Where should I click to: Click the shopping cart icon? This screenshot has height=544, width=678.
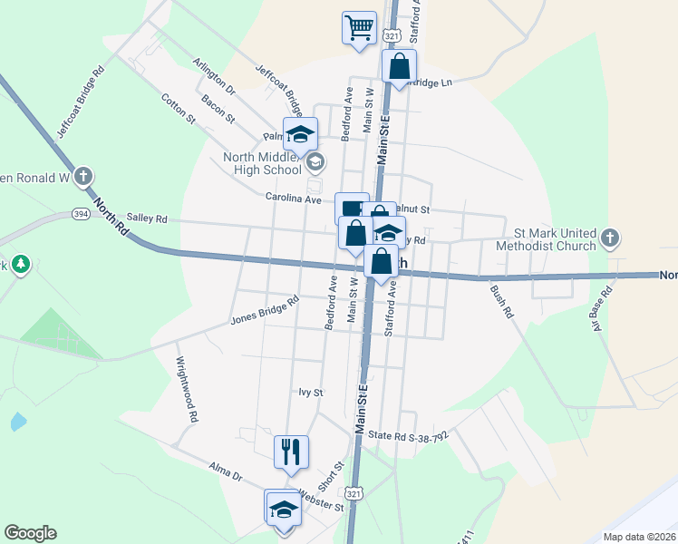click(359, 27)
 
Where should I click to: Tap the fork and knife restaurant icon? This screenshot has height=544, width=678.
click(292, 451)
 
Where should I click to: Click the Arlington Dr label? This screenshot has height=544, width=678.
click(214, 78)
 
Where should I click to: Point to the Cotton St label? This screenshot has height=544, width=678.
click(179, 108)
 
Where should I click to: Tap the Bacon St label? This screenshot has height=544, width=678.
click(218, 110)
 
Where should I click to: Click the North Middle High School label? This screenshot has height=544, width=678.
click(262, 163)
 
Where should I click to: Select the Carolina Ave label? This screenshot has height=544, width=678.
click(294, 198)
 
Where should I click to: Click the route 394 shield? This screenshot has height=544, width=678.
click(82, 214)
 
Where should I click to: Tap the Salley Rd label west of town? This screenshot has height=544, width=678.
click(148, 219)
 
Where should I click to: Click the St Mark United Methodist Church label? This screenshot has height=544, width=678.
click(555, 239)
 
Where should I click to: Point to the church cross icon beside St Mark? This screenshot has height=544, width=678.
click(610, 239)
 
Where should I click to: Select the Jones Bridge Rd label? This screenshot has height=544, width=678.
click(265, 311)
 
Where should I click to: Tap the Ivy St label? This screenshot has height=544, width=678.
click(311, 393)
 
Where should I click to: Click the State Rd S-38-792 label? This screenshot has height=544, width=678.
click(408, 435)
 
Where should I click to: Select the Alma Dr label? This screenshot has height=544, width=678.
click(226, 474)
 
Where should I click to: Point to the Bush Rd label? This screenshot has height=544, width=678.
click(501, 301)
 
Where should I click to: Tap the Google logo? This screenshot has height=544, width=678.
click(30, 533)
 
